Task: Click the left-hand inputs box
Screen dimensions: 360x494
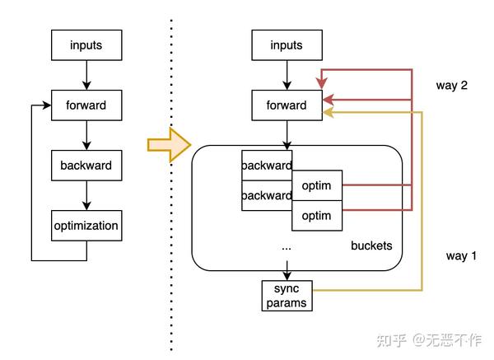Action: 86,45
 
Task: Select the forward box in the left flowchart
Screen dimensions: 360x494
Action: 86,105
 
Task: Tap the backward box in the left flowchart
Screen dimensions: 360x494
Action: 86,165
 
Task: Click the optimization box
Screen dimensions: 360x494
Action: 86,225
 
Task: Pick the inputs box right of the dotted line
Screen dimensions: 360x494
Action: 287,45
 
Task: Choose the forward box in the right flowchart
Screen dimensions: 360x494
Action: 287,105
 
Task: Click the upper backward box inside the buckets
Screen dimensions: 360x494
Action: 267,165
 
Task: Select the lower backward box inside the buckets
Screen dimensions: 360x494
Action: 267,195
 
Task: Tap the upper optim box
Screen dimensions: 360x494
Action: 317,185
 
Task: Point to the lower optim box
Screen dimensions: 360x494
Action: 317,215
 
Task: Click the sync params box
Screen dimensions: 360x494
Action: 287,295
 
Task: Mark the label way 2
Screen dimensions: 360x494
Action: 452,86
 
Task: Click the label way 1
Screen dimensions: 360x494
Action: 461,256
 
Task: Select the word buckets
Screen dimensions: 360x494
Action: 371,245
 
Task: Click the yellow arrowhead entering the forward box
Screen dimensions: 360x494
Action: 328,113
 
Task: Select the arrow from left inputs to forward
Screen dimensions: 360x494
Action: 86,74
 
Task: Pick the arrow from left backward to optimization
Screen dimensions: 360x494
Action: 86,194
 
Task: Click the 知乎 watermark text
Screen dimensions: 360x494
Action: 391,339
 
